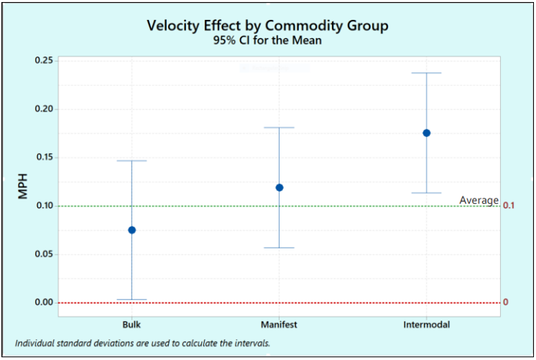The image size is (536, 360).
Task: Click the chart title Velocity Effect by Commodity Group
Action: coord(267,25)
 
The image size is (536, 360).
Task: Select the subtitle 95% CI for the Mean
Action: coord(267,41)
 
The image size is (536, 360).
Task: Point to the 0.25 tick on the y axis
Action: coord(43,61)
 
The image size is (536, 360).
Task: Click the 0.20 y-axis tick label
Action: coord(43,109)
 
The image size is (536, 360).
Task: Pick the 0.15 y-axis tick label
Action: coord(43,158)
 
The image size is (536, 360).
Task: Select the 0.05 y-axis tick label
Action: coord(43,254)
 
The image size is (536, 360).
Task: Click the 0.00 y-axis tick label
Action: coord(43,302)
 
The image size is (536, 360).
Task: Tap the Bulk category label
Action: coord(132,324)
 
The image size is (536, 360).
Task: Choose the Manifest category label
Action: coord(279,324)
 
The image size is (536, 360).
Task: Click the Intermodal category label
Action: coord(426,324)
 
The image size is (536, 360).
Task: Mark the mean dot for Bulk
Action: coord(132,230)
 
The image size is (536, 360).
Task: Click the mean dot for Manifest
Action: coord(279,187)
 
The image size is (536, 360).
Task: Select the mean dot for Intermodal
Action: coord(426,133)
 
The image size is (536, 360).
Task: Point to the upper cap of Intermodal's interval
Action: coord(426,73)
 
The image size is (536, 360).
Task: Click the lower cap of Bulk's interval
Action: coord(132,299)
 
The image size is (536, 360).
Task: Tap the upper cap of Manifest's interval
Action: coord(279,127)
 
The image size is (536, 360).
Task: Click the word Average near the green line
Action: coord(479,200)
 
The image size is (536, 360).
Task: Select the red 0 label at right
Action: coord(506,302)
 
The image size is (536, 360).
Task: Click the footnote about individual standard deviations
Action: coord(142,343)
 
